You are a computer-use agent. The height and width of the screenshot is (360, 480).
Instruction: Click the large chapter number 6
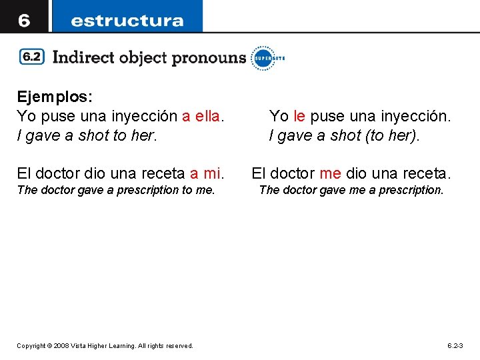tap(24, 20)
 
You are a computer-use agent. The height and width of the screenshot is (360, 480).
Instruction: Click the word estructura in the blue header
tap(127, 20)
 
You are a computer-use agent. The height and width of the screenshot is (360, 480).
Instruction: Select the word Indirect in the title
tap(83, 57)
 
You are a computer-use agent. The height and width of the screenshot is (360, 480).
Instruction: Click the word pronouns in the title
tap(209, 58)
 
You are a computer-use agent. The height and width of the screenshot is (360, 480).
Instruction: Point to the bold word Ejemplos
tap(54, 97)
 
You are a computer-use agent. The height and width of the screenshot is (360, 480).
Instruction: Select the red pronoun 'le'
tap(299, 117)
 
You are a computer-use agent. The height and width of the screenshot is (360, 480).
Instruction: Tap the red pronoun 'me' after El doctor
tap(330, 174)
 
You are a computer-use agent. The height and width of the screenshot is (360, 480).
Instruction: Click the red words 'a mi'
tap(205, 174)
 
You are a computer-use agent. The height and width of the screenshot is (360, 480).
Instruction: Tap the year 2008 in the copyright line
tap(62, 346)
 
